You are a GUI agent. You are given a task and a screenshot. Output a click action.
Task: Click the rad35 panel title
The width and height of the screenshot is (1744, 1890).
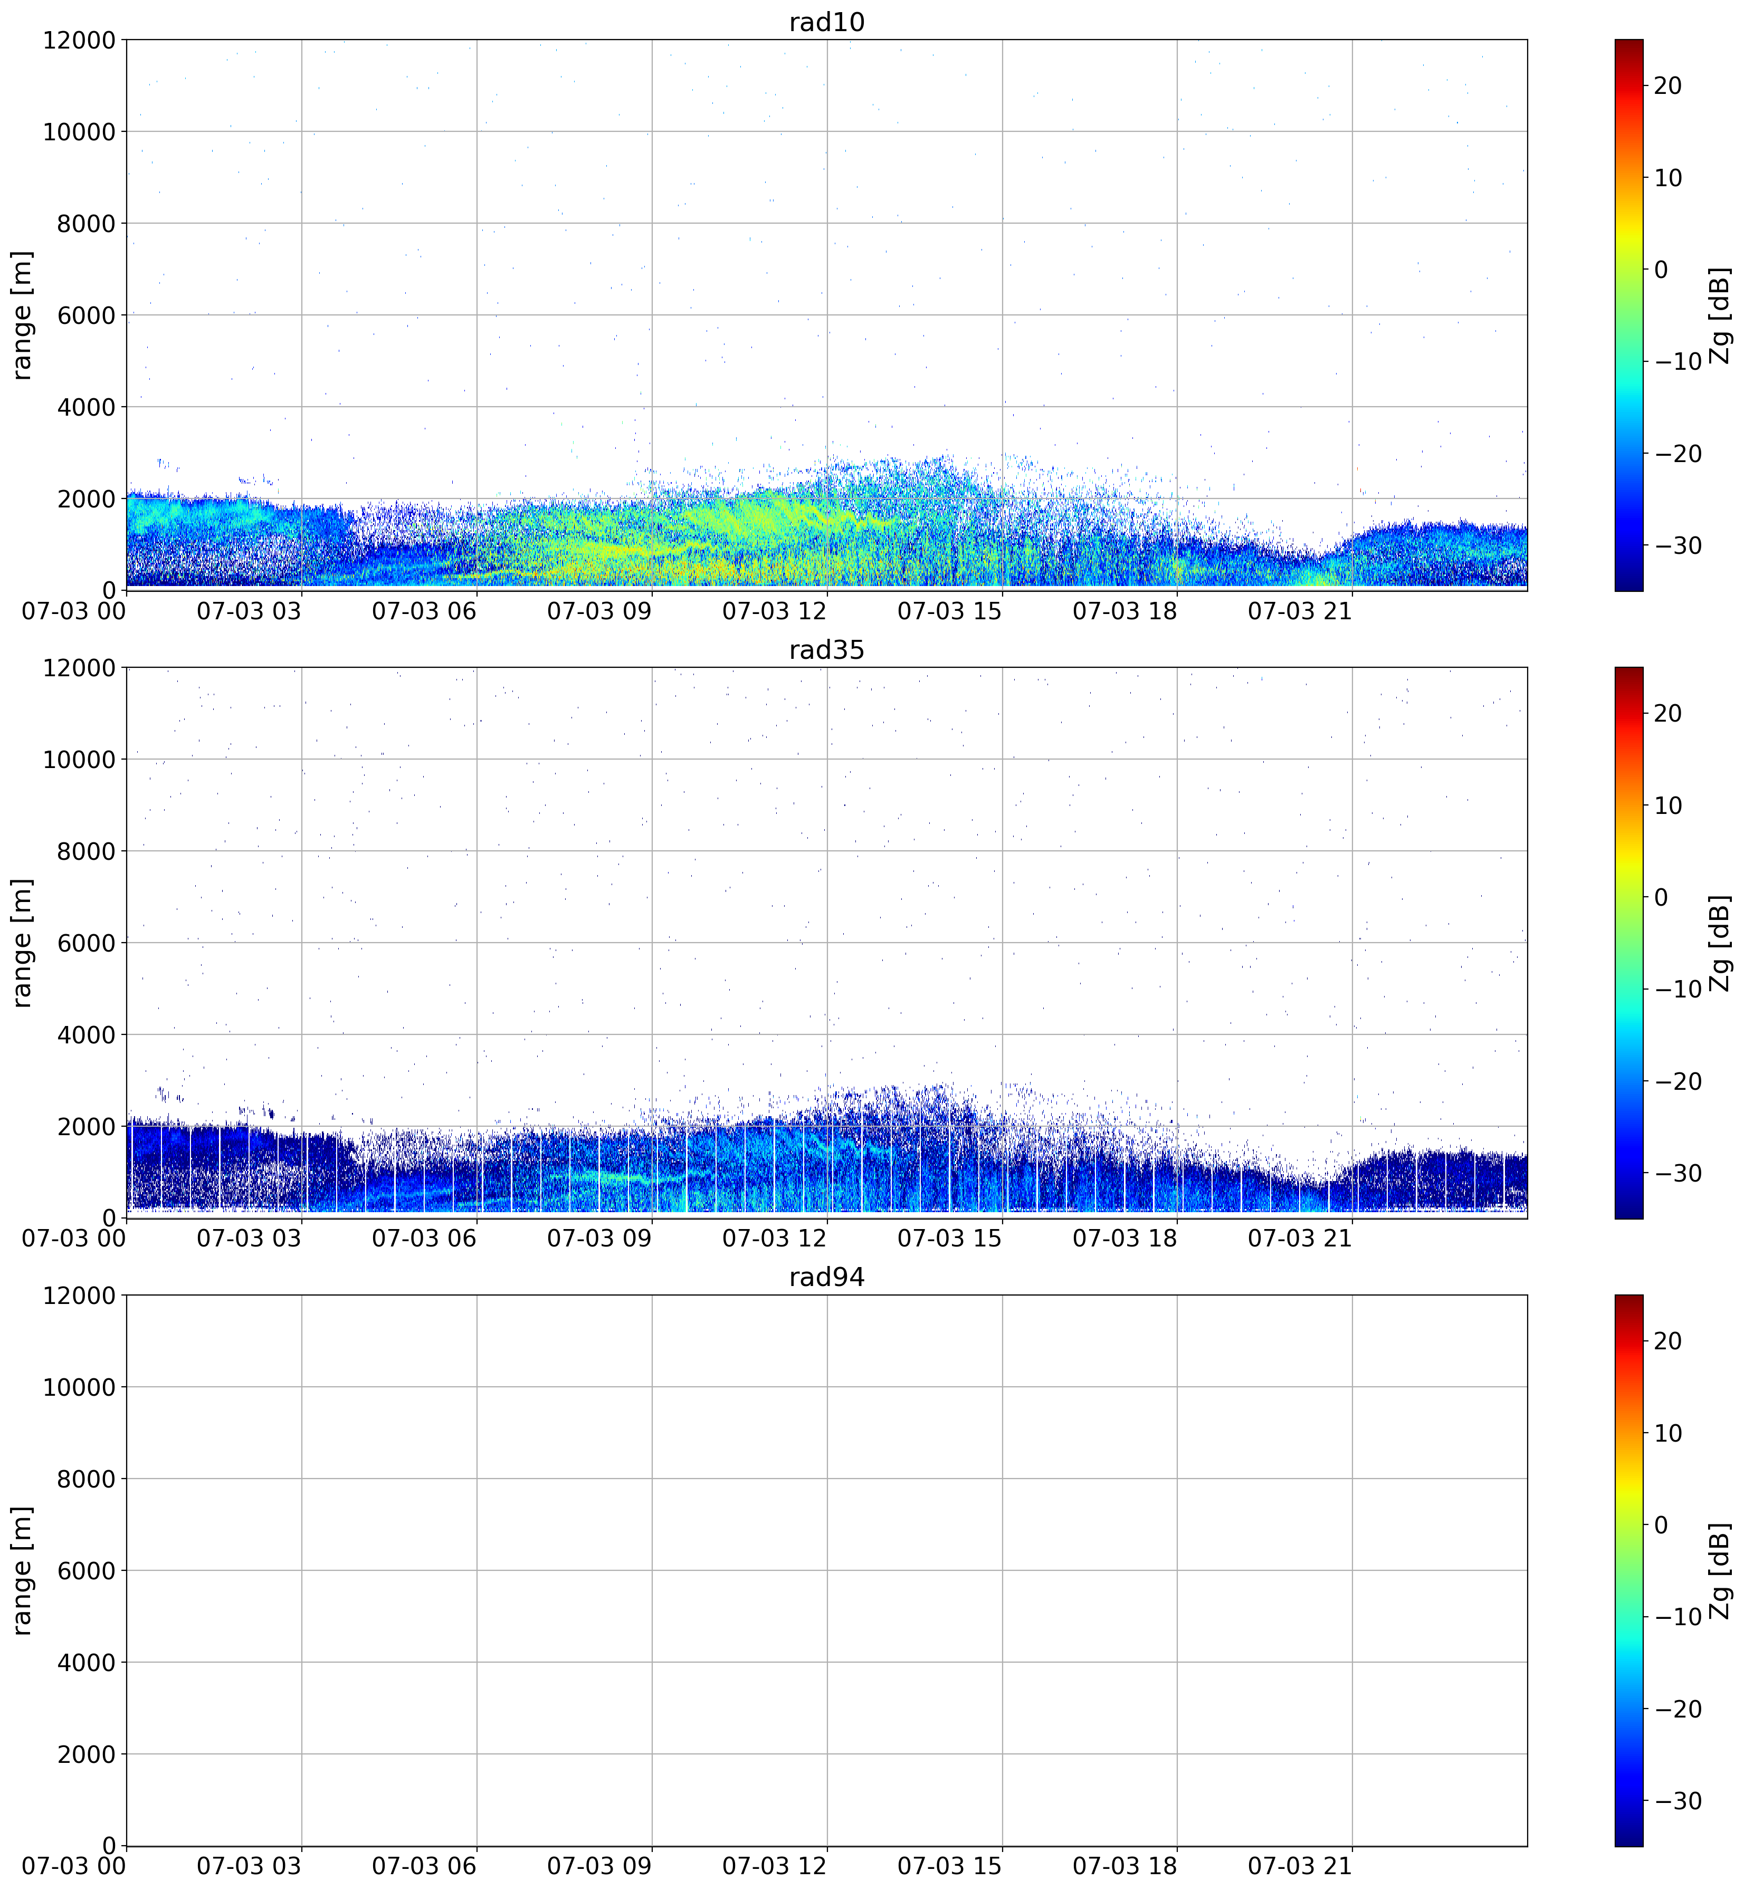point(827,650)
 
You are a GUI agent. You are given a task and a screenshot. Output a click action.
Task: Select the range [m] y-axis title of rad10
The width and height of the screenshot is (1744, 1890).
point(23,315)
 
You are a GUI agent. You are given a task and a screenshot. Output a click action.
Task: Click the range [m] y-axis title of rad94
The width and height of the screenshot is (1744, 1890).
point(23,1571)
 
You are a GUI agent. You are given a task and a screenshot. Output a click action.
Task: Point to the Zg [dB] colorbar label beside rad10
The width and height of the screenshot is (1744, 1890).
point(1720,315)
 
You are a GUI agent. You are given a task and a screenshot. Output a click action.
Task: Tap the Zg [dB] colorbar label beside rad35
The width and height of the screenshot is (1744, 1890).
point(1720,943)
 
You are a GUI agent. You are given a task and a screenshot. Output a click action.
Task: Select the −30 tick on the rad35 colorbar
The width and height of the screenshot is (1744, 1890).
point(1674,1173)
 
